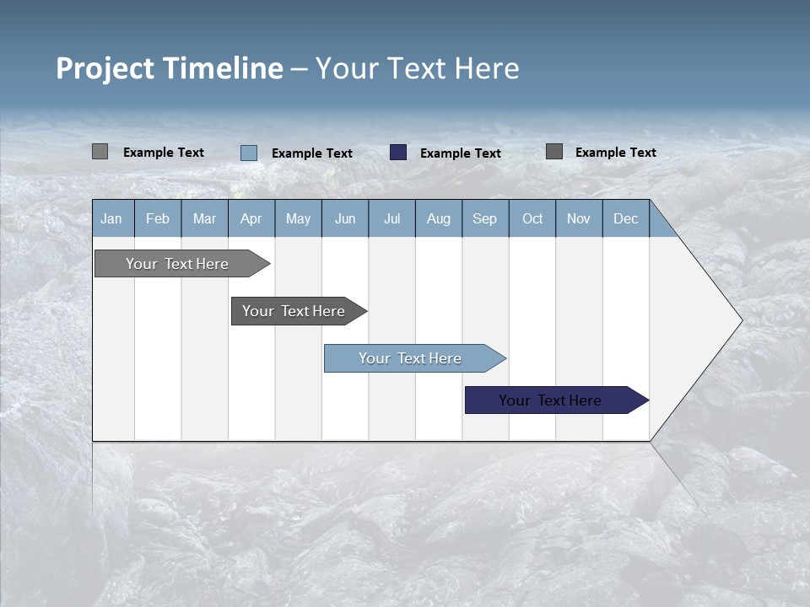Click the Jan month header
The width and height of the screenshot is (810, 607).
pos(112,218)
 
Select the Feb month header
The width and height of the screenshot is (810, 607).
pos(158,218)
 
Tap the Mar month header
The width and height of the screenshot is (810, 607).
pos(204,218)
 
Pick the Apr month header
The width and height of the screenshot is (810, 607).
pos(251,218)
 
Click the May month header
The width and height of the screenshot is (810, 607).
pos(298,218)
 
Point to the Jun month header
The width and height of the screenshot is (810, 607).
pos(345,218)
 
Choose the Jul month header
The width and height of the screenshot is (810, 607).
pos(391,218)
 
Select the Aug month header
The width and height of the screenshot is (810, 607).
pos(439,218)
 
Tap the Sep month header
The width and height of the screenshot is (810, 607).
pos(485,218)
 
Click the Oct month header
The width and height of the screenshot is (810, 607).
pos(532,218)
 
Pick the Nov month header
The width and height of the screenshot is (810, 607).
pos(579,218)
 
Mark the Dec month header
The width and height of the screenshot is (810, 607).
pos(626,218)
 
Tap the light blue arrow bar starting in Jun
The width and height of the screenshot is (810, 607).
pos(411,358)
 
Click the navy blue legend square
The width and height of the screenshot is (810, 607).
pos(398,153)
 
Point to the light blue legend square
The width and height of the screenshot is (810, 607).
pos(249,153)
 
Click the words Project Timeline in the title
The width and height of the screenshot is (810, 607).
pos(170,68)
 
